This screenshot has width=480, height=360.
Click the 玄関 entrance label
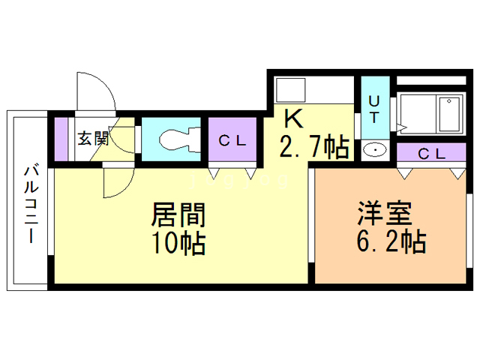(x=94, y=138)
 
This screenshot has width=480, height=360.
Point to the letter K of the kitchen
(x=292, y=118)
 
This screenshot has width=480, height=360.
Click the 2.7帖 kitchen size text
(x=315, y=147)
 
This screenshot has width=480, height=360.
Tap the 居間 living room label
(x=178, y=215)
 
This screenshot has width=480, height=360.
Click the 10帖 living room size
(x=178, y=243)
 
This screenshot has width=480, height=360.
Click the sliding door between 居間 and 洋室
(x=310, y=225)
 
